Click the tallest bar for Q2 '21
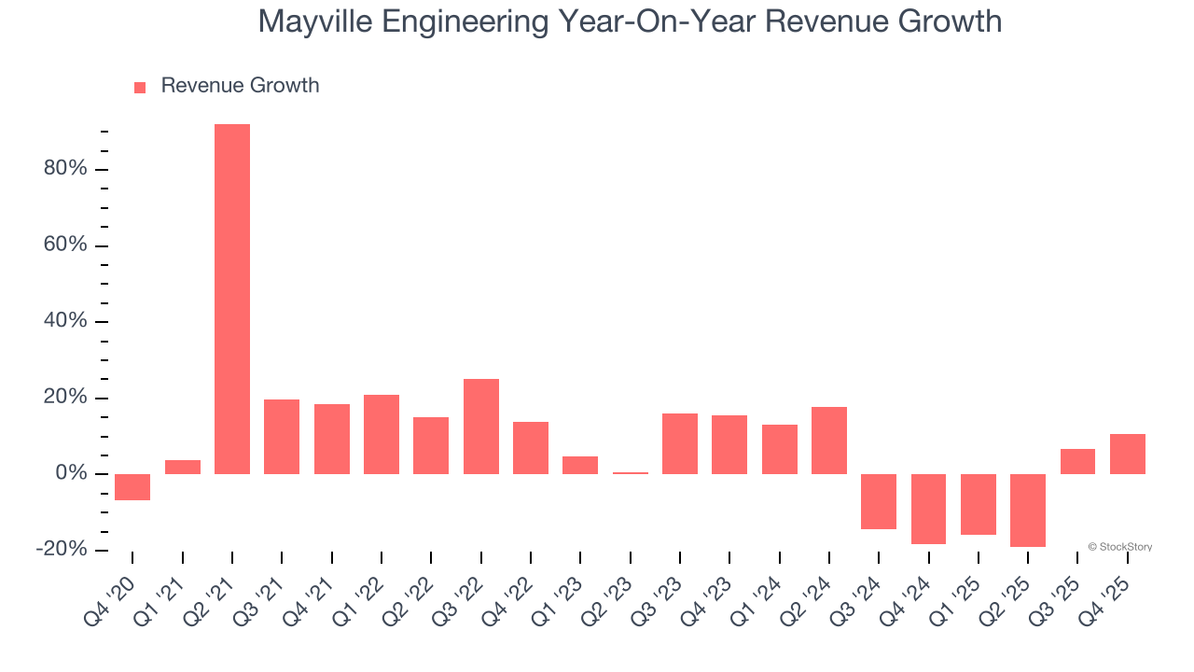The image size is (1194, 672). [x=232, y=299]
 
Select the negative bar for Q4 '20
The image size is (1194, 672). [x=132, y=487]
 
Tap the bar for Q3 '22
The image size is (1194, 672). [x=481, y=427]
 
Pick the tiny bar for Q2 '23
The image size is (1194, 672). [x=631, y=473]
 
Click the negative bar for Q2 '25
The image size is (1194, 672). [x=1028, y=511]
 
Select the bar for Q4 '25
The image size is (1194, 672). [x=1128, y=454]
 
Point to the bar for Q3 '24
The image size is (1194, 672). [x=879, y=501]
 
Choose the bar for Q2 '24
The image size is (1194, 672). [x=829, y=441]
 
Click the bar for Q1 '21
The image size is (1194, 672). [x=183, y=467]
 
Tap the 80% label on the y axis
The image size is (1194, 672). [x=64, y=169]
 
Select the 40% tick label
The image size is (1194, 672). [x=64, y=321]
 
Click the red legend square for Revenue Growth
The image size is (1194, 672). [x=140, y=88]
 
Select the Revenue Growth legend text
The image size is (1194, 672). [x=240, y=86]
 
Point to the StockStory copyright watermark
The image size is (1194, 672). [x=1119, y=547]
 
